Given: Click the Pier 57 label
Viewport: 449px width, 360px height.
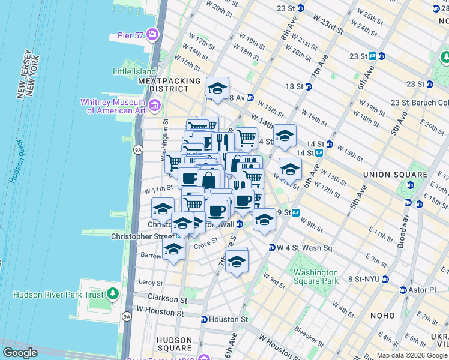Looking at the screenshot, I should coord(131,35).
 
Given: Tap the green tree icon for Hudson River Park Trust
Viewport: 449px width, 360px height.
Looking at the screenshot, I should coord(112,294).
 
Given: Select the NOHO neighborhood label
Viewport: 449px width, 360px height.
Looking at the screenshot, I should coord(383,316).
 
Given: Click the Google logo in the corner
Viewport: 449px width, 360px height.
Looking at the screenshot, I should coord(20,353).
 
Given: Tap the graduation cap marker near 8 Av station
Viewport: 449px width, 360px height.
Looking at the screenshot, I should coord(217,88).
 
